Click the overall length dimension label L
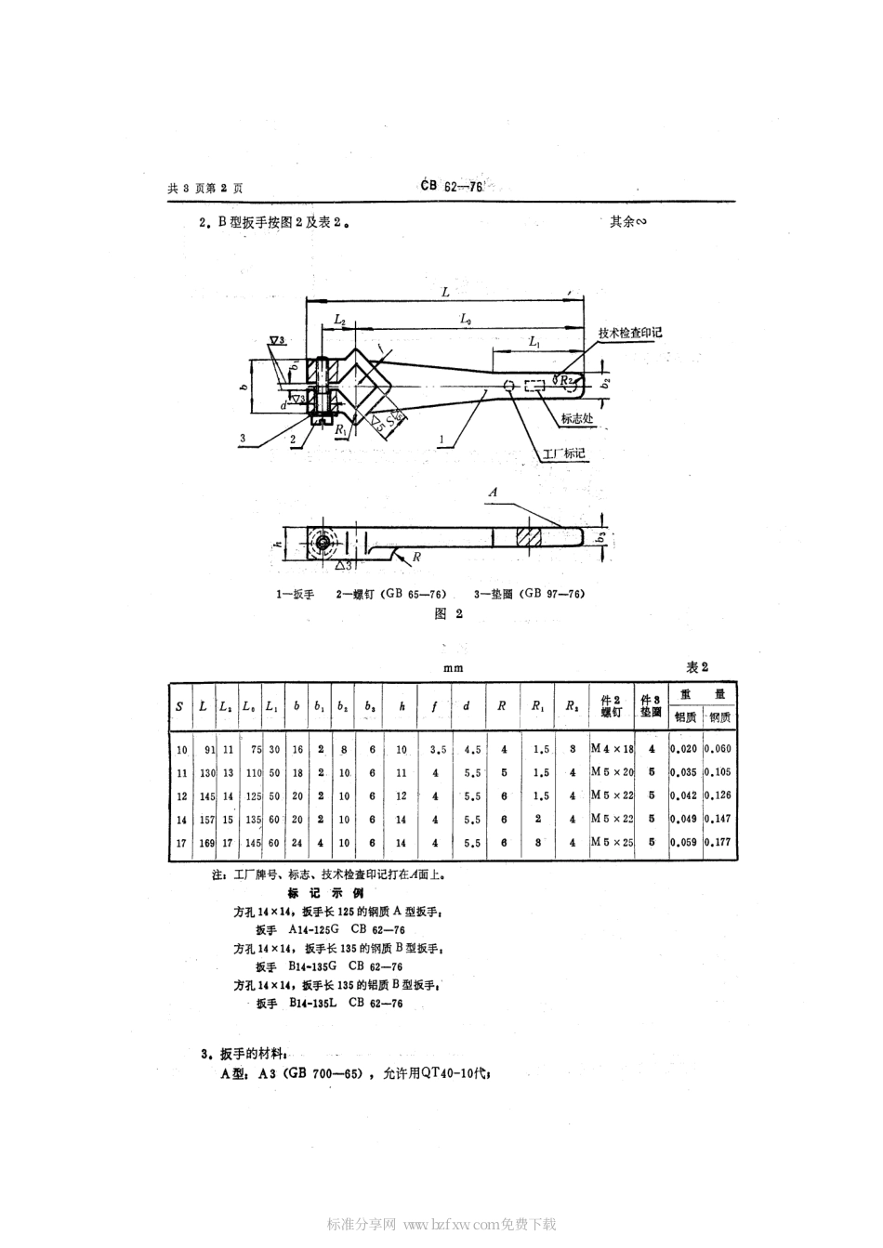[x=445, y=292]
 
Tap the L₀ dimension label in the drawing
[x=466, y=320]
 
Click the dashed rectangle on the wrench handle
[x=534, y=387]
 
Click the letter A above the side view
[x=493, y=491]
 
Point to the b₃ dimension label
[x=601, y=537]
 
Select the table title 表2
[x=697, y=667]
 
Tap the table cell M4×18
[x=612, y=749]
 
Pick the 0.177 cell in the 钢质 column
[x=718, y=843]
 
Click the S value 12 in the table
[x=181, y=796]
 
